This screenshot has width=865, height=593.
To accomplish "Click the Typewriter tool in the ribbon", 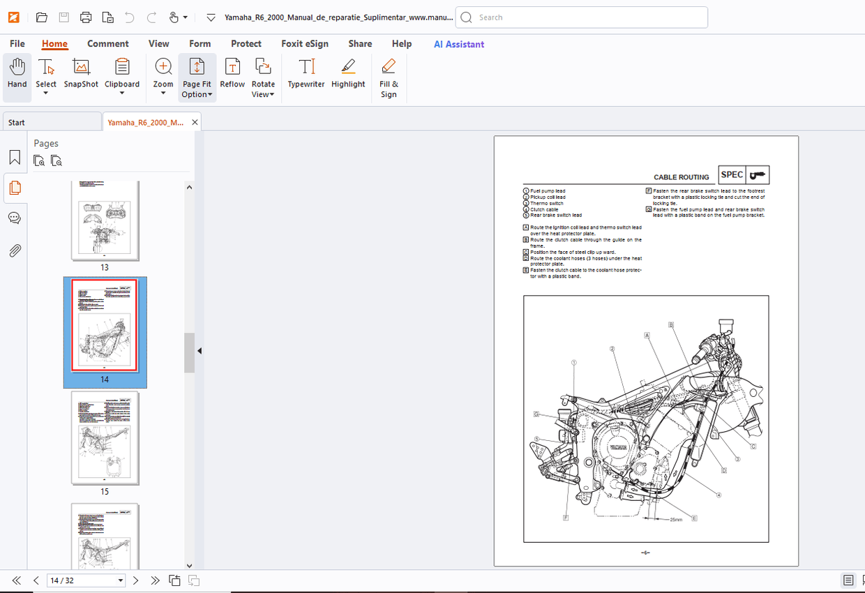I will point(306,73).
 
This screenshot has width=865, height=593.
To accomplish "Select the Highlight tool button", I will point(348,73).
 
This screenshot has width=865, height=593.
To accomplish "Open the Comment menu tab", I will point(107,43).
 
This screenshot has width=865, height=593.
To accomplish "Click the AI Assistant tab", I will point(458,44).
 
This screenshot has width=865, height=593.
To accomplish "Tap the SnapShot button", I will point(81,73).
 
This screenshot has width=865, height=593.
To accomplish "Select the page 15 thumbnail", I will point(105,439).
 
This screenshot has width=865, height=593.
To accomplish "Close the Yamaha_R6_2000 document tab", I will point(195,122).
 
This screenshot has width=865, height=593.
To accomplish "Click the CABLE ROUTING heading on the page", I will point(681,177).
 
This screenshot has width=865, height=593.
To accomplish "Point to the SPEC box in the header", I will point(732,175).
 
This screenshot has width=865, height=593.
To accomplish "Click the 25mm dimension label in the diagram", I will point(676,520).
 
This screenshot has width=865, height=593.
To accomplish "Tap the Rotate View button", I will point(263,77).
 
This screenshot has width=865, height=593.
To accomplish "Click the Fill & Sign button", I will point(389,77).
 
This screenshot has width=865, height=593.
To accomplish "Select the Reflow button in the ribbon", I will point(232,73).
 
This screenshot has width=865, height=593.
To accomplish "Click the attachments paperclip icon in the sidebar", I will point(15,250).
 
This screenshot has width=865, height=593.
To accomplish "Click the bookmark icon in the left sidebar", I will point(15,157).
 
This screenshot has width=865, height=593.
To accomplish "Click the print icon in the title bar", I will point(86,17).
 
